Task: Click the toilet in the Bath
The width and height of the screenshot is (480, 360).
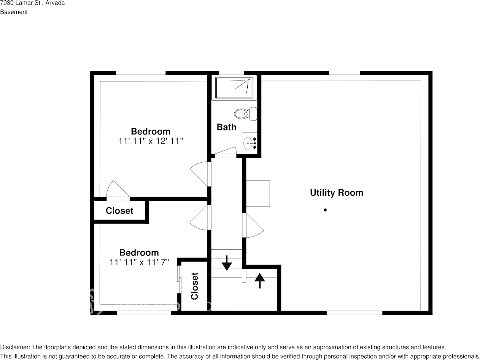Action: tap(245, 113)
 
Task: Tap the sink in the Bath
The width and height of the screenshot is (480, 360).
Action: tap(249, 143)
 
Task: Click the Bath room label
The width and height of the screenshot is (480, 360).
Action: tap(226, 127)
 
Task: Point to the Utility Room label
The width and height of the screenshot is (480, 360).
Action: tap(336, 193)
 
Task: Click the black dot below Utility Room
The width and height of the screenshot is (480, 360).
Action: tap(325, 210)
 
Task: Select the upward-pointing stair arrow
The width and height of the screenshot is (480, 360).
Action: tap(259, 281)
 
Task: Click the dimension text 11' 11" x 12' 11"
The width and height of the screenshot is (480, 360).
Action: tap(151, 141)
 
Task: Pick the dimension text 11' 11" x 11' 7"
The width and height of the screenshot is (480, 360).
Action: tap(139, 262)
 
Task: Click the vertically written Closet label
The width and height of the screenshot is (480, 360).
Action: tap(194, 286)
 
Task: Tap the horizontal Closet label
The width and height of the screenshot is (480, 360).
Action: tap(119, 211)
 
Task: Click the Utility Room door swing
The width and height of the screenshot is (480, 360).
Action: tap(253, 226)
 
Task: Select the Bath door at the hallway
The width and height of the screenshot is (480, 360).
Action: tap(226, 152)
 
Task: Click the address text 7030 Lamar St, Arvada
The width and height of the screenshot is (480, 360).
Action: tap(32, 3)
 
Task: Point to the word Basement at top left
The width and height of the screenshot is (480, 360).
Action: tap(14, 12)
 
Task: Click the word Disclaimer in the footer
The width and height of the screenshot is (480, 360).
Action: tap(14, 347)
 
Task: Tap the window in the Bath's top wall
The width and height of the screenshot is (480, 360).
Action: tap(231, 73)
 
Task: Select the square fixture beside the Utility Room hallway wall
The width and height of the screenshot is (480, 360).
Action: tap(258, 193)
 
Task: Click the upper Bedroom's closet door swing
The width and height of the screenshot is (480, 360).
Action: tap(118, 190)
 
